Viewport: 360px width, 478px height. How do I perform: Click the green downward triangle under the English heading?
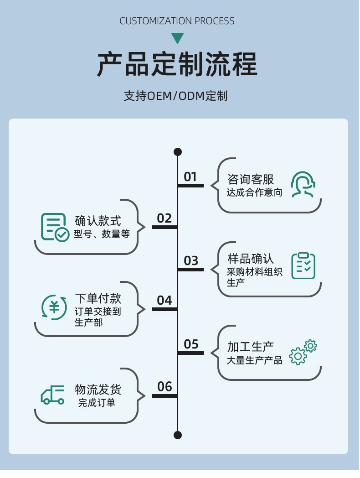(177, 38)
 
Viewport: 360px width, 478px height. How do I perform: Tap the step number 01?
(190, 177)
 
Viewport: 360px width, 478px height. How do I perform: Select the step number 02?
(164, 218)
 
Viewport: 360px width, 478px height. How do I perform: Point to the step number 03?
(191, 260)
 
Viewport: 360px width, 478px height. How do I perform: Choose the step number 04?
(164, 300)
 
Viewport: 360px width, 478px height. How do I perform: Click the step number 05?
(191, 344)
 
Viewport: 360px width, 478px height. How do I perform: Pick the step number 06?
(165, 387)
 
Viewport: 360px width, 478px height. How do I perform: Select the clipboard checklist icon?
(303, 265)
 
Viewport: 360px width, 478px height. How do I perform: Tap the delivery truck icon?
(53, 395)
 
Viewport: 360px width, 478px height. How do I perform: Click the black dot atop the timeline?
(178, 152)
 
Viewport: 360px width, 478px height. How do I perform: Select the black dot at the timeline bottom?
(178, 435)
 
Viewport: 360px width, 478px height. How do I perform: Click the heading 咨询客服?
(251, 179)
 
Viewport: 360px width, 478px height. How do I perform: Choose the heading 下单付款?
(98, 299)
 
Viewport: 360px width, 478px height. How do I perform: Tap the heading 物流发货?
(98, 390)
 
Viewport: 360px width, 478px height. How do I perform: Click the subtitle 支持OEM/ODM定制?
(175, 96)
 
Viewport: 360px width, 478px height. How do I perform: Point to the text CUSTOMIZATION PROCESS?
(177, 21)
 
